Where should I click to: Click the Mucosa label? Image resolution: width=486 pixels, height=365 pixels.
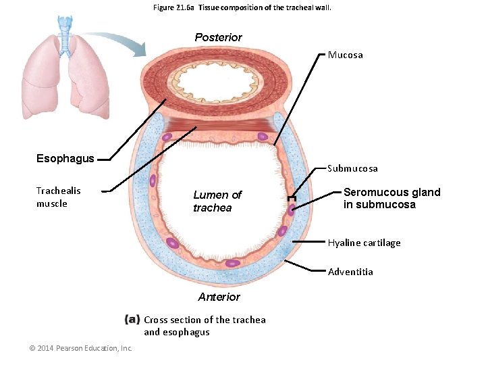tap(345, 55)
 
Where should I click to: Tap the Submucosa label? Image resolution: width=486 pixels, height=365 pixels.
tap(352, 168)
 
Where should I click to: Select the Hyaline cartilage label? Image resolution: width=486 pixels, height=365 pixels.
tap(364, 243)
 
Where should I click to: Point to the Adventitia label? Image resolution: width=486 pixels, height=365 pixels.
tap(350, 272)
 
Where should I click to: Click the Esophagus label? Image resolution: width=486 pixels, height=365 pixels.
tap(65, 159)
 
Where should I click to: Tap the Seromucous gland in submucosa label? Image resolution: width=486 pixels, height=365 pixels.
tap(391, 198)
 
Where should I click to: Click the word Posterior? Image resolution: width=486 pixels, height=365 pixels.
tap(218, 37)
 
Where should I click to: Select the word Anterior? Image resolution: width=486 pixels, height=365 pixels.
tap(219, 297)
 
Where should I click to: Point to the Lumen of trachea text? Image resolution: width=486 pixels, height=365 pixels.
tap(217, 201)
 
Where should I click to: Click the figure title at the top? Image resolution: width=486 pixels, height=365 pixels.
tap(242, 7)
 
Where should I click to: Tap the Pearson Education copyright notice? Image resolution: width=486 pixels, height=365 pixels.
tap(80, 348)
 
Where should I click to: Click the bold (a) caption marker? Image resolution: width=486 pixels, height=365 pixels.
tap(132, 320)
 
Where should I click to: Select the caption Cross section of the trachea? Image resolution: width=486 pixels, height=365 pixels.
tap(205, 326)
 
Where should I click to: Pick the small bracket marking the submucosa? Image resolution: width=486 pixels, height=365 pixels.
tap(291, 200)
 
